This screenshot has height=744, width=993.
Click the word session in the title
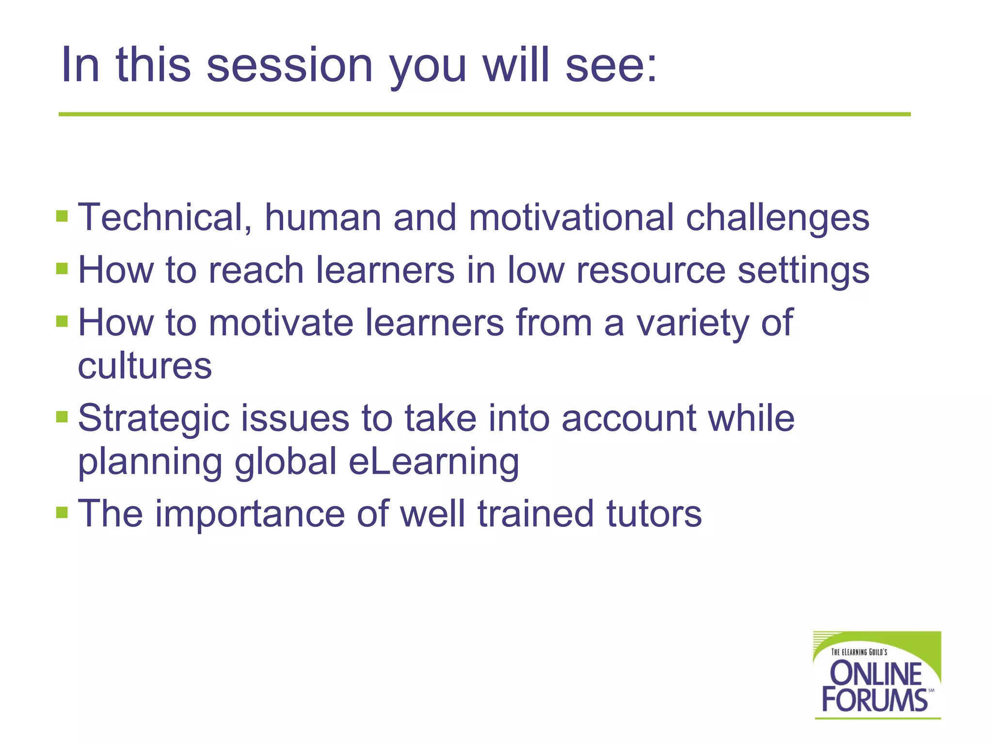[289, 65]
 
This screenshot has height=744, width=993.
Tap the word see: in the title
[611, 65]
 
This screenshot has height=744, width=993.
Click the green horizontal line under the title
[485, 114]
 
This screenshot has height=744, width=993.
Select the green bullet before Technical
[62, 216]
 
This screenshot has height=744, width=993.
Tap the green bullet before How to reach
[62, 268]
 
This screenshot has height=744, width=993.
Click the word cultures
[144, 366]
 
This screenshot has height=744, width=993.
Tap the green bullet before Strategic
[62, 417]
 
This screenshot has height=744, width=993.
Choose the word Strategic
[153, 419]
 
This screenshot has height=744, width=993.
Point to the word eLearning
[433, 462]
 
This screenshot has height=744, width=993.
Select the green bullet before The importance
[62, 512]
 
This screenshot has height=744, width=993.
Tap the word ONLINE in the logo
[876, 674]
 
